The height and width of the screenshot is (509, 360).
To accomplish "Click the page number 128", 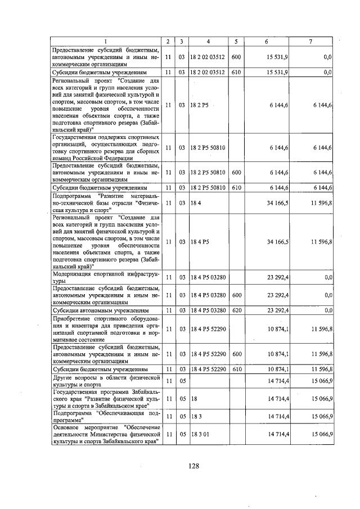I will [194, 466].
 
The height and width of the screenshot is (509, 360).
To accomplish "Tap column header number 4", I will [208, 42].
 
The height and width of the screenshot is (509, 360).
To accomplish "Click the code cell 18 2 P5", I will [199, 105].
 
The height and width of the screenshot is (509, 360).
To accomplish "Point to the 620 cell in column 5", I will [236, 310].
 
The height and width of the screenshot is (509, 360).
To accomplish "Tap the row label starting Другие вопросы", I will [105, 381].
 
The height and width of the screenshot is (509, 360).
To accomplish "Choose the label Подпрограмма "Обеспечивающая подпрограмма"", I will [105, 417].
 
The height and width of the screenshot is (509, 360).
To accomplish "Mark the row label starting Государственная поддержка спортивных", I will [105, 147].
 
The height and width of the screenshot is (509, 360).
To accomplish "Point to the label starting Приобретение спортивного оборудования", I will [105, 328].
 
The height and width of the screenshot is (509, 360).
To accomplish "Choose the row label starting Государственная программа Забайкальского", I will [105, 399].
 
